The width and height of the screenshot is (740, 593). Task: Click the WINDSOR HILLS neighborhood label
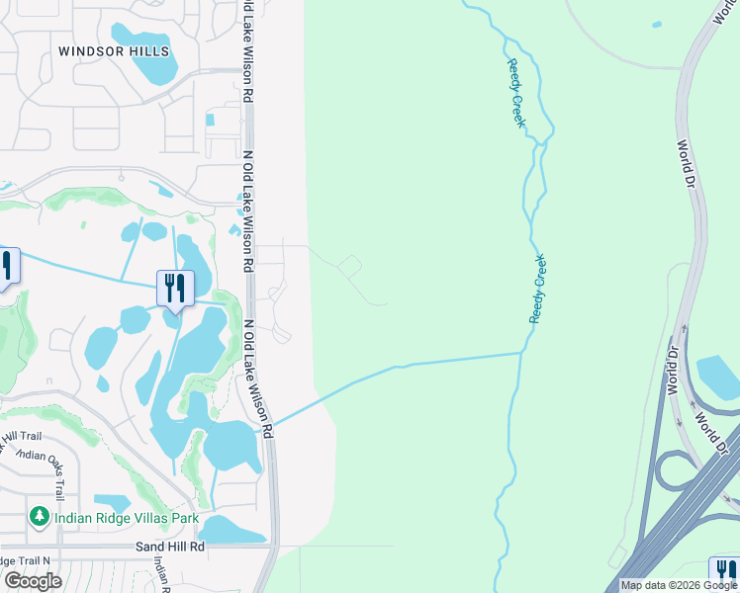tap(114, 51)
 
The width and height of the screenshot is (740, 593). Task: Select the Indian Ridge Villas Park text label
tap(127, 518)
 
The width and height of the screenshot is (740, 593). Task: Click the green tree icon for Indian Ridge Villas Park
tap(39, 516)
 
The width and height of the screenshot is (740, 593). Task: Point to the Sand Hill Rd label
tap(170, 546)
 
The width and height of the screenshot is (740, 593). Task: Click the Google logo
tap(34, 581)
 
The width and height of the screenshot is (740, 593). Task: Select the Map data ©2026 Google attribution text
tap(679, 585)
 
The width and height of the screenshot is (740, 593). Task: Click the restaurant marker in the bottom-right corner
tap(724, 572)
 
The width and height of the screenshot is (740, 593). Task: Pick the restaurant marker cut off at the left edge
tap(6, 266)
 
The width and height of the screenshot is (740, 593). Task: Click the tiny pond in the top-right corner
tap(656, 25)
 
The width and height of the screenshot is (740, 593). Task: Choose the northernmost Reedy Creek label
tap(515, 94)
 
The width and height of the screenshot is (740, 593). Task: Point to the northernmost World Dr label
tap(686, 164)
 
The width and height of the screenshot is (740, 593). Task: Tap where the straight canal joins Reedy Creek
tap(521, 352)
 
